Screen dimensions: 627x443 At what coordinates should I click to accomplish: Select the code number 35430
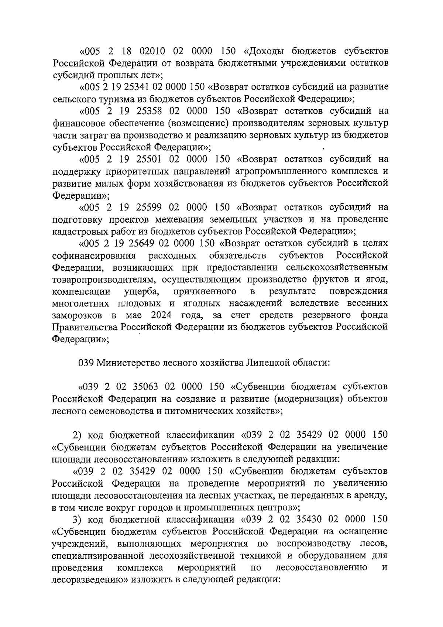coord(309,519)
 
